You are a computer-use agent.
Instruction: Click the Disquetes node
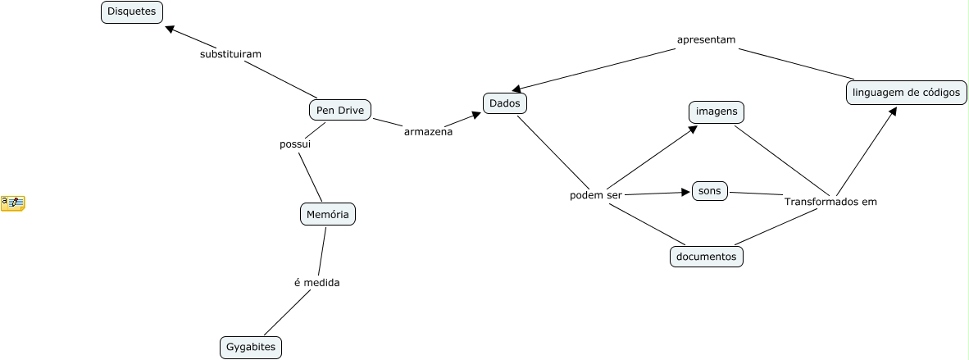pos(132,11)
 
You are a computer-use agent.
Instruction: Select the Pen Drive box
pos(340,110)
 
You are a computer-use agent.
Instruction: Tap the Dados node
pos(504,103)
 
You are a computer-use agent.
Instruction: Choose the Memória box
pos(328,215)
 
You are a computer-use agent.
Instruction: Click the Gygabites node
pos(251,348)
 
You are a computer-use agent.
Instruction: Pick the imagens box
pos(717,111)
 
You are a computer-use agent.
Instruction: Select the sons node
pos(709,191)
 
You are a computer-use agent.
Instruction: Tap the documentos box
pos(706,257)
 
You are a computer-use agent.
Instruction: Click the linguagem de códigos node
pos(905,93)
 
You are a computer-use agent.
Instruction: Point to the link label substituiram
pos(230,54)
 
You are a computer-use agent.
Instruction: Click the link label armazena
pos(428,131)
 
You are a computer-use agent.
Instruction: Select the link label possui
pos(295,144)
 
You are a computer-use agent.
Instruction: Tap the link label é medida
pos(316,283)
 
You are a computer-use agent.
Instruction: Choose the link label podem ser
pos(596,196)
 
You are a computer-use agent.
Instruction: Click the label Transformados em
pos(830,202)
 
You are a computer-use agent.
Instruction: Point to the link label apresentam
pos(706,39)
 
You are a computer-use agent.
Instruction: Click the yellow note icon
pos(13,203)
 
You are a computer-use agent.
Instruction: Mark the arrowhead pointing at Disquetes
pos(170,29)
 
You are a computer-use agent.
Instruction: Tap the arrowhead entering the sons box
pos(686,193)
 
